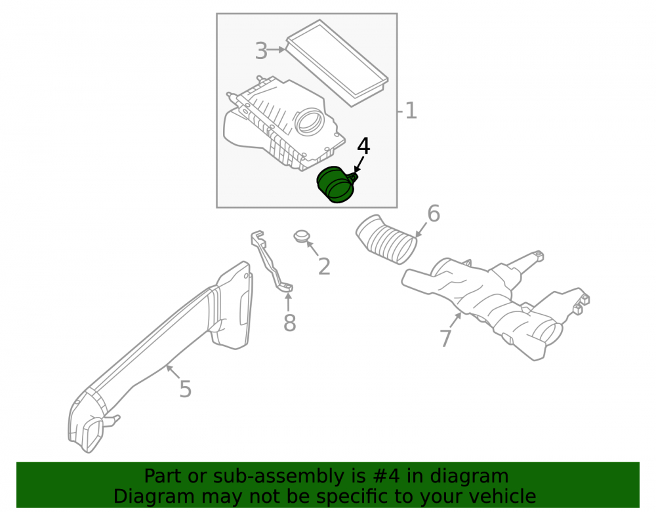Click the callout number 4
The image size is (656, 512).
pyautogui.click(x=363, y=146)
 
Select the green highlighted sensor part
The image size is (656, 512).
pyautogui.click(x=337, y=185)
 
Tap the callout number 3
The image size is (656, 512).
pyautogui.click(x=261, y=51)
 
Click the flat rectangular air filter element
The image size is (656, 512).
pyautogui.click(x=337, y=63)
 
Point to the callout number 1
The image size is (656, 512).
pyautogui.click(x=411, y=111)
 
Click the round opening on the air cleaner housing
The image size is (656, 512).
pyautogui.click(x=310, y=121)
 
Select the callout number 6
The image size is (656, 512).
pyautogui.click(x=434, y=214)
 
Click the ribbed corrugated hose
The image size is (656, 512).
pyautogui.click(x=387, y=239)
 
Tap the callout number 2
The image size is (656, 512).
pyautogui.click(x=324, y=266)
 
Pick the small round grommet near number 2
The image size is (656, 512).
pyautogui.click(x=301, y=236)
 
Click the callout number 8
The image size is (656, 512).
pyautogui.click(x=289, y=323)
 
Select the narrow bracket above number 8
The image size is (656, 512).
pyautogui.click(x=271, y=260)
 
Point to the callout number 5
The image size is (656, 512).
pyautogui.click(x=186, y=389)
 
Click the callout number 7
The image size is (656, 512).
pyautogui.click(x=445, y=338)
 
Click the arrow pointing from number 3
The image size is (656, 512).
pyautogui.click(x=276, y=50)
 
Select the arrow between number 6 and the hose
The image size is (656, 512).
pyautogui.click(x=421, y=229)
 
